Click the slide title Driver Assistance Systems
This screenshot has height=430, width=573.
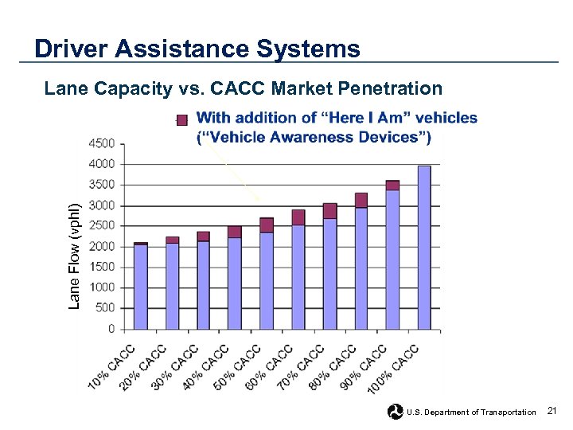[x=197, y=49]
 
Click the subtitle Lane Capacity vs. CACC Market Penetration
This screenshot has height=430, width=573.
[x=243, y=88]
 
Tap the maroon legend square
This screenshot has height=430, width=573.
[x=182, y=119]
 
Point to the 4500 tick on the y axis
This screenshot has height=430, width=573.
[x=101, y=144]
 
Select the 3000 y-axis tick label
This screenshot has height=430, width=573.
[x=101, y=205]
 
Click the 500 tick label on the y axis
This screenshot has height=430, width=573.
[x=104, y=308]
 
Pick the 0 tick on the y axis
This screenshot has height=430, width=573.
[x=111, y=329]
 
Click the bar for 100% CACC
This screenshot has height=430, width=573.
[x=424, y=247]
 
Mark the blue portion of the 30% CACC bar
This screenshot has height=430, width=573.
[x=204, y=284]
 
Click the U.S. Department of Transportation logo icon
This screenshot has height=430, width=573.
[x=396, y=412]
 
